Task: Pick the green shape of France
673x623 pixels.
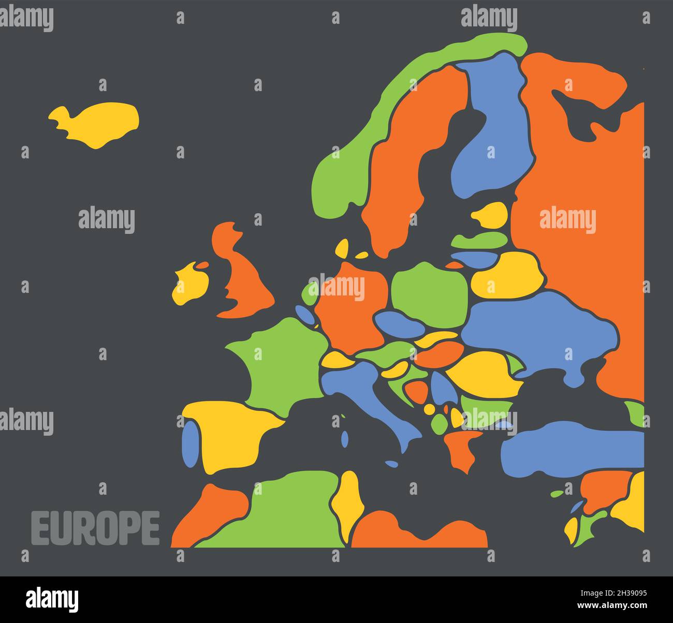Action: [280, 362]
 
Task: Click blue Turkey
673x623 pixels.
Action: [569, 448]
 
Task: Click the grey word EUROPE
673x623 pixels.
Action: [96, 528]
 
